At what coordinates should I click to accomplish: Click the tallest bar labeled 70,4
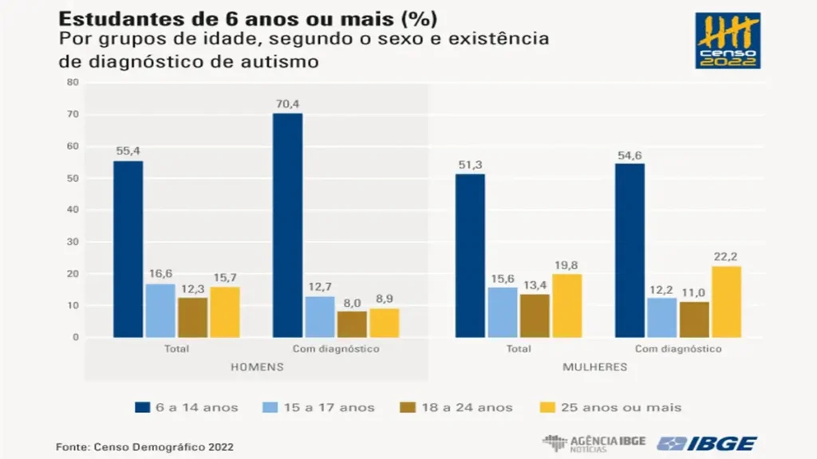point(287,226)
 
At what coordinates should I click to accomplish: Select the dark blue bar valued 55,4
point(128,249)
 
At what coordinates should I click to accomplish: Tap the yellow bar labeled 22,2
point(726,302)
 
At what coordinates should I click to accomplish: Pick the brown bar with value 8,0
point(352,324)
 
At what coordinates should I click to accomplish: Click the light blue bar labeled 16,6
point(160,311)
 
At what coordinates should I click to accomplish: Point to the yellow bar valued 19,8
point(567,306)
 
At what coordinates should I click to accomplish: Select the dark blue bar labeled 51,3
point(470,256)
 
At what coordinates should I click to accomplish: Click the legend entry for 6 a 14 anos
point(186,407)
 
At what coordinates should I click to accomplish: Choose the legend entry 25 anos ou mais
point(618,407)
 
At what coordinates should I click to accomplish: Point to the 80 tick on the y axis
point(73,82)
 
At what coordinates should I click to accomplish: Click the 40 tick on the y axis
point(73,210)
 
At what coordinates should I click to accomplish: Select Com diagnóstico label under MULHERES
point(678,350)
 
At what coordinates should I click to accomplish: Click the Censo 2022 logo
point(727,41)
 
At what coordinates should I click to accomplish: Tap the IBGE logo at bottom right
point(707,443)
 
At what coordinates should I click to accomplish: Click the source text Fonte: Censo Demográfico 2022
point(144,447)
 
